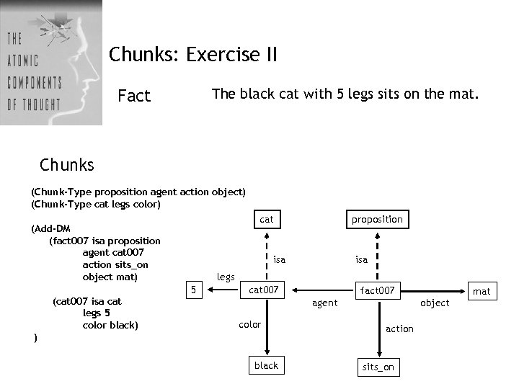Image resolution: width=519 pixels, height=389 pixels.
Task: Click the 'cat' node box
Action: [267, 219]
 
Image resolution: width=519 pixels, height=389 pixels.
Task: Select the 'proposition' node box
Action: [377, 219]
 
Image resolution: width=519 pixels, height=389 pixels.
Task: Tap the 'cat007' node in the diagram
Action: [264, 290]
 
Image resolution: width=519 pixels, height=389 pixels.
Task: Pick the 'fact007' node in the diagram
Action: [378, 290]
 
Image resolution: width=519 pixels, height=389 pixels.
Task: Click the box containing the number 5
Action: [193, 290]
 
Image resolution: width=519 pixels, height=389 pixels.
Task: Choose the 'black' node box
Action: [266, 365]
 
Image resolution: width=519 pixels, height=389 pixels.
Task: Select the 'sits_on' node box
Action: [378, 367]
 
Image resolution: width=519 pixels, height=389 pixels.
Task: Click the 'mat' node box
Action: [482, 291]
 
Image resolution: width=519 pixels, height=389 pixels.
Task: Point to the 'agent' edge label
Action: [324, 303]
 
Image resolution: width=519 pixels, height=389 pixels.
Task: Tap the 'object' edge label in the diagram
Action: [435, 303]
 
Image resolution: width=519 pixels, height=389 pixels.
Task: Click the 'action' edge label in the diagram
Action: [399, 328]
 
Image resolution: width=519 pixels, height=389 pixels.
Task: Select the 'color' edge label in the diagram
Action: [249, 325]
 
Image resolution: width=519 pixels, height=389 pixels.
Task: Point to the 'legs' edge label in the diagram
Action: [226, 277]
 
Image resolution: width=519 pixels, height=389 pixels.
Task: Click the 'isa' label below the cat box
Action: [279, 259]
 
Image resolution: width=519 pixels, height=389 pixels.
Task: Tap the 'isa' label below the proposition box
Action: [361, 259]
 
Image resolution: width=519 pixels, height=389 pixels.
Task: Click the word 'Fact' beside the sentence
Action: [134, 96]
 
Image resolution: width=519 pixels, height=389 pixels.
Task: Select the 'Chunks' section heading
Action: [67, 165]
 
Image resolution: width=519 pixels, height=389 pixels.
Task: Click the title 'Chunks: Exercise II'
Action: [192, 55]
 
